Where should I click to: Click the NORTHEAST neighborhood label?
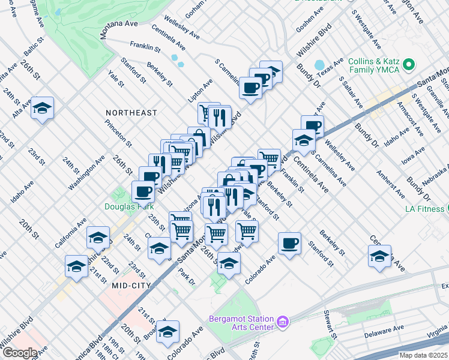pos(131,113)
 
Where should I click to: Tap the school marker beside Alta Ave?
pos(42,108)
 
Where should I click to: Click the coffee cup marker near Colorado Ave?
pos(289,243)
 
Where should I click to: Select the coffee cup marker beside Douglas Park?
pos(142,191)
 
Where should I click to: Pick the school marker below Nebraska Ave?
pos(379,256)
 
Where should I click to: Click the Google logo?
pos(20,352)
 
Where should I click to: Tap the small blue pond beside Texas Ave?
pos(319,64)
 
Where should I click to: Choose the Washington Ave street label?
pos(86,174)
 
